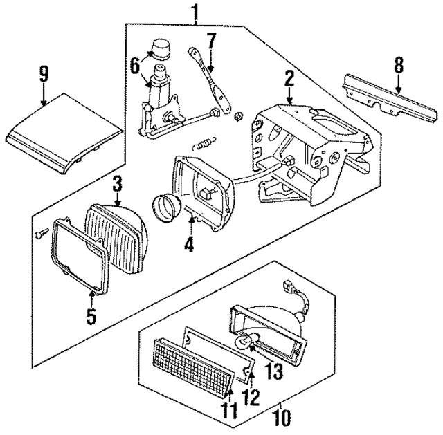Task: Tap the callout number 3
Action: pyautogui.click(x=117, y=184)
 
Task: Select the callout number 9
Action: pyautogui.click(x=44, y=72)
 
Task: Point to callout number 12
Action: pyautogui.click(x=251, y=398)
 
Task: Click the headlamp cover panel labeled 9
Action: pyautogui.click(x=62, y=128)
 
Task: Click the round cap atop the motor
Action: pyautogui.click(x=161, y=49)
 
